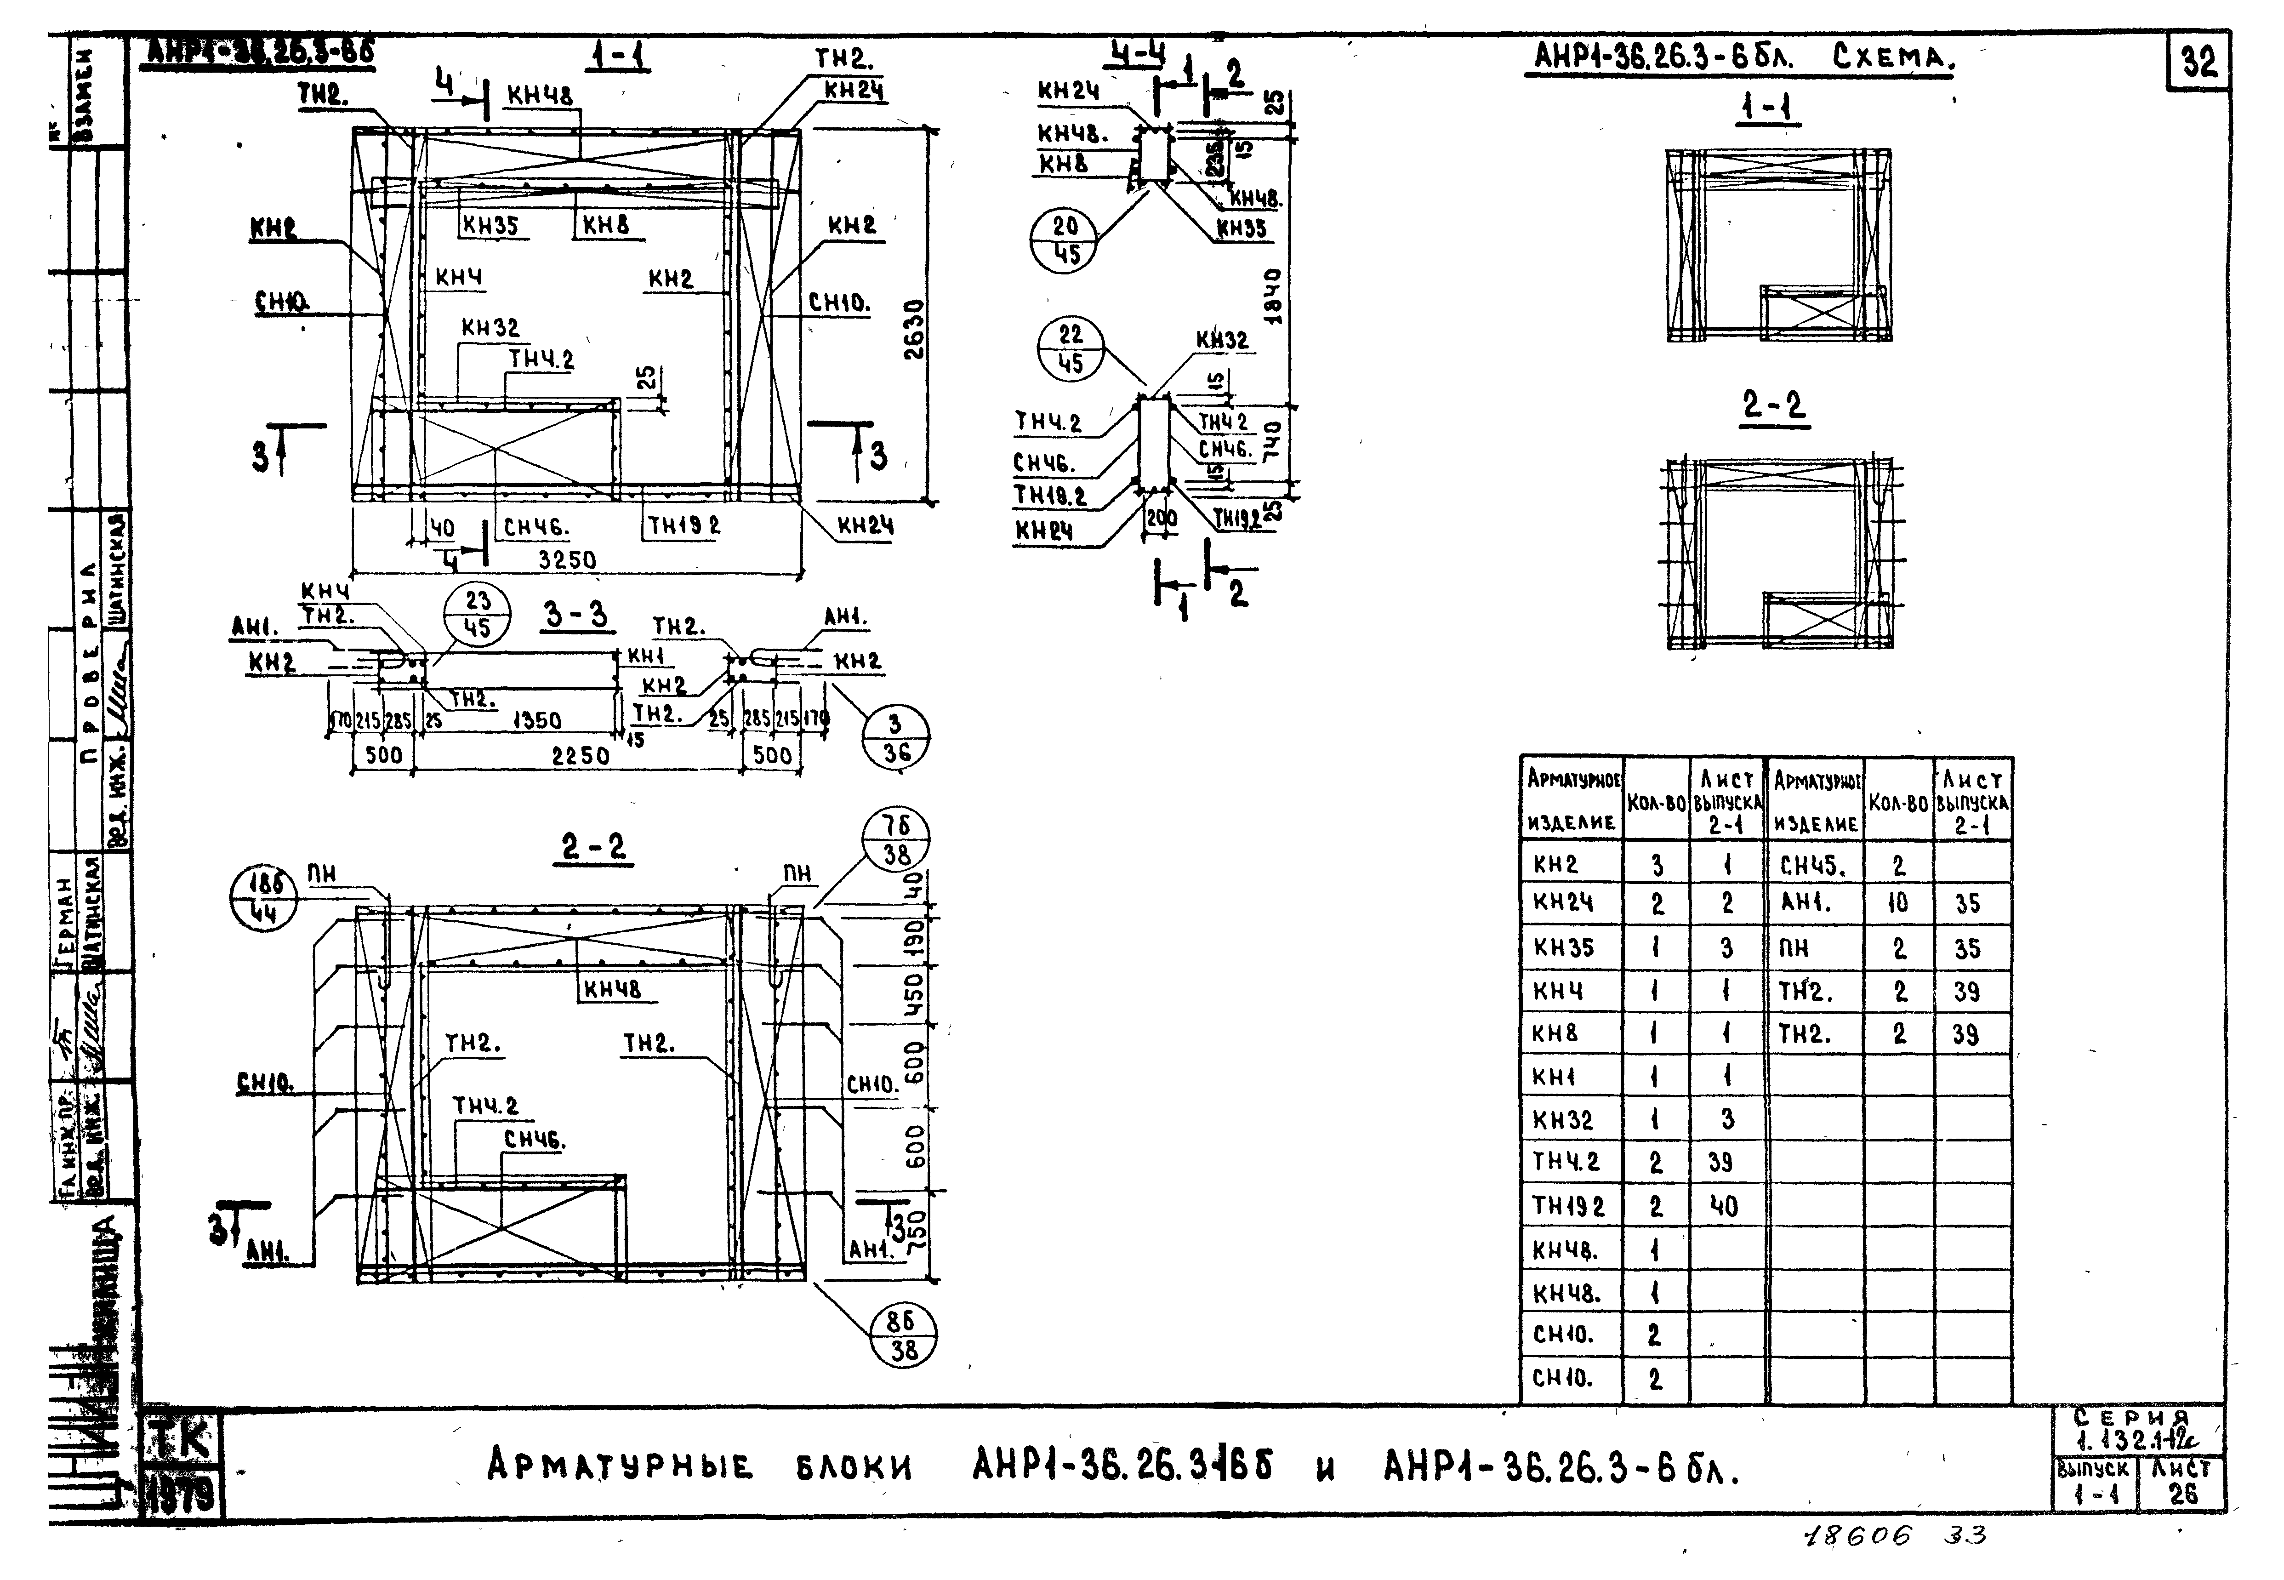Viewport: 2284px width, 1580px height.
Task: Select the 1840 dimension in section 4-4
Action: pyautogui.click(x=1274, y=295)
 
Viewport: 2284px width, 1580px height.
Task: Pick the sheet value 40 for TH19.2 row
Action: pyautogui.click(x=1724, y=1206)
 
